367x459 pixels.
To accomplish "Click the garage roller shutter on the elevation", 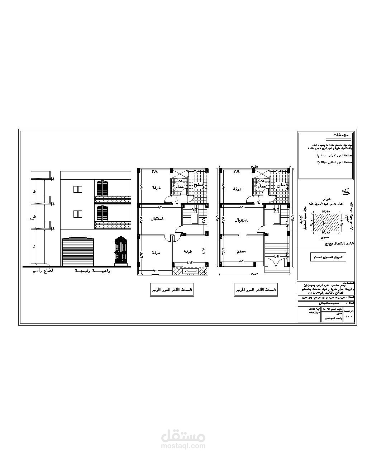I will coord(78,252).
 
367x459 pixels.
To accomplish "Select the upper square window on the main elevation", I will coord(78,189).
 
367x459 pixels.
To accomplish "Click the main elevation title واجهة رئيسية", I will coord(92,271).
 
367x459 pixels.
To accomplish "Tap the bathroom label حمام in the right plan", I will coord(261,186).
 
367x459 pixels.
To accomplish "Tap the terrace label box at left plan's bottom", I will coord(190,271).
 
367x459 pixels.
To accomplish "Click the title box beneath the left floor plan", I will coord(172,289).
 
